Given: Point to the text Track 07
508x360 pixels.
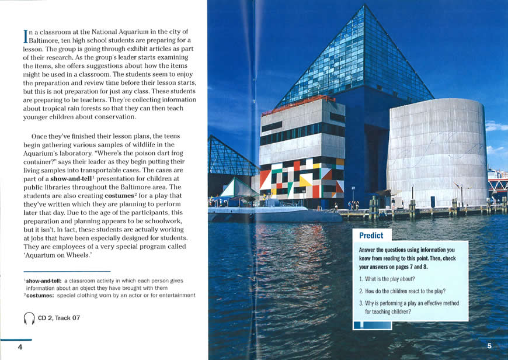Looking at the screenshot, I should (x=67, y=319).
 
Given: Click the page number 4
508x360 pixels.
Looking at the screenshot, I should (x=20, y=347).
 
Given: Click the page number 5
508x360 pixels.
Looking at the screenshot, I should (x=489, y=346).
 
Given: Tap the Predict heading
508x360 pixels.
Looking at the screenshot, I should (x=371, y=236).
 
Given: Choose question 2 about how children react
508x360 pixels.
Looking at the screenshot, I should (x=403, y=290).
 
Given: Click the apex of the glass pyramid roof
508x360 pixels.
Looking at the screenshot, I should (x=364, y=6).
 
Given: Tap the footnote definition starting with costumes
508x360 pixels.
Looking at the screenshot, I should (x=111, y=295).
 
